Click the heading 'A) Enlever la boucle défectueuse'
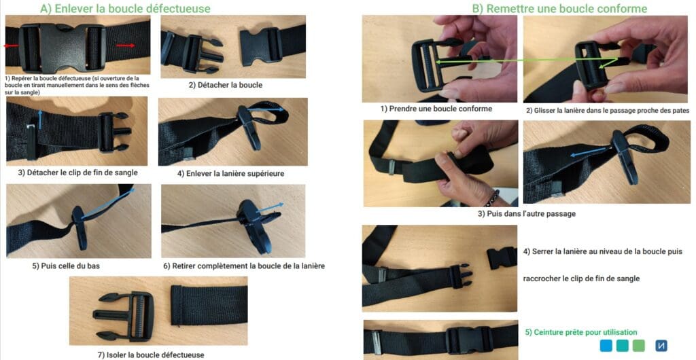(125, 9)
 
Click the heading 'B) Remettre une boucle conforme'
(559, 9)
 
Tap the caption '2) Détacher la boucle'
(226, 85)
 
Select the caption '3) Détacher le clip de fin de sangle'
(77, 173)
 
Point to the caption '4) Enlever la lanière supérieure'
(231, 173)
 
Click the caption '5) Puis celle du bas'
(66, 266)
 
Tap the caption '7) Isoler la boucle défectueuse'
(151, 355)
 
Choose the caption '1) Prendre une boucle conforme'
(436, 109)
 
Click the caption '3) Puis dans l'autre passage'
(527, 214)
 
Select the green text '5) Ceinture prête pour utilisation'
(581, 332)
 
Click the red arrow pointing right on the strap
(126, 46)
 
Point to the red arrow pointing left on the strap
(12, 46)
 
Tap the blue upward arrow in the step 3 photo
(40, 120)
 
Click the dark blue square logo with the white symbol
(661, 345)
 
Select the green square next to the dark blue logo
(639, 345)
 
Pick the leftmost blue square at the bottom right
(606, 345)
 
